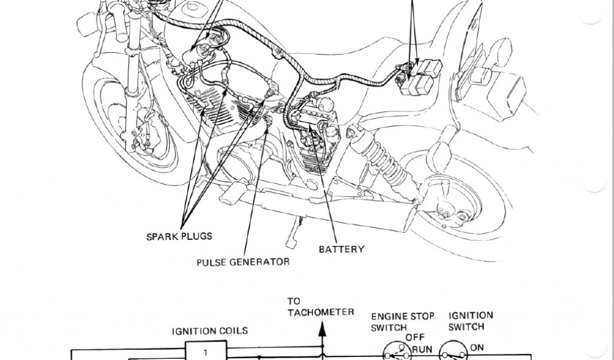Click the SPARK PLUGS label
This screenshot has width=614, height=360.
point(179,236)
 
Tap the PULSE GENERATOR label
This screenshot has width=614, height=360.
point(243,262)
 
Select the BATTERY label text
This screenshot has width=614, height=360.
point(341,249)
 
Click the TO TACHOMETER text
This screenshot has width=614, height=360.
point(320,306)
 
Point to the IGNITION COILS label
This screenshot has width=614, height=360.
point(209,331)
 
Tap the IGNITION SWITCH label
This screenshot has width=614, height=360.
point(471,321)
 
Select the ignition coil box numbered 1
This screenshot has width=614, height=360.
point(206,351)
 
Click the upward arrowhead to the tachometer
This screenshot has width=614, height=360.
point(323,328)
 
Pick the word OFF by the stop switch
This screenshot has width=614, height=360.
point(414,337)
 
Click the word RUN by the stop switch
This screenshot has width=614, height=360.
point(422,348)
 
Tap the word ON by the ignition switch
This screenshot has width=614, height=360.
point(477,347)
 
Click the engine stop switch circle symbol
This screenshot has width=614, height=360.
point(396,353)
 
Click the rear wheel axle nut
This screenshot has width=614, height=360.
point(445,212)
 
